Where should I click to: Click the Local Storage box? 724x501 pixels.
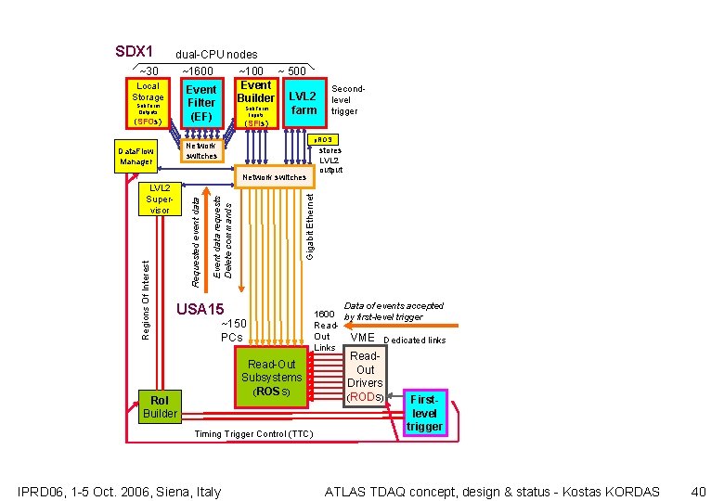147,103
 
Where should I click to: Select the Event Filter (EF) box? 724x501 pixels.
201,103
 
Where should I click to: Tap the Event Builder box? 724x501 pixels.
255,103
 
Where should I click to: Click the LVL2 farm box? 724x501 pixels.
304,103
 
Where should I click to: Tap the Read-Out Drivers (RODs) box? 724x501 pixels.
365,376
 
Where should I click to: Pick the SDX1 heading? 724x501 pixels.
133,51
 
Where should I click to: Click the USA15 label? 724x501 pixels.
200,309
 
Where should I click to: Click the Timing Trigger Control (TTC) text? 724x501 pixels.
253,434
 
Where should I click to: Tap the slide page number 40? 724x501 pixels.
699,491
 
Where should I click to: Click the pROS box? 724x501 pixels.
329,139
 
